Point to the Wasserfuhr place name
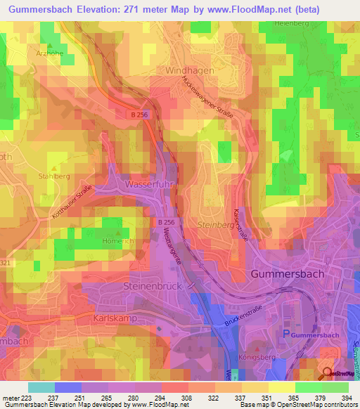tap(149, 184)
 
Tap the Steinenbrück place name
tap(153, 287)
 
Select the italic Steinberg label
tap(215, 225)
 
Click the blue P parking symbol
tap(285, 334)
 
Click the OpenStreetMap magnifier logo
tap(328, 373)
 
